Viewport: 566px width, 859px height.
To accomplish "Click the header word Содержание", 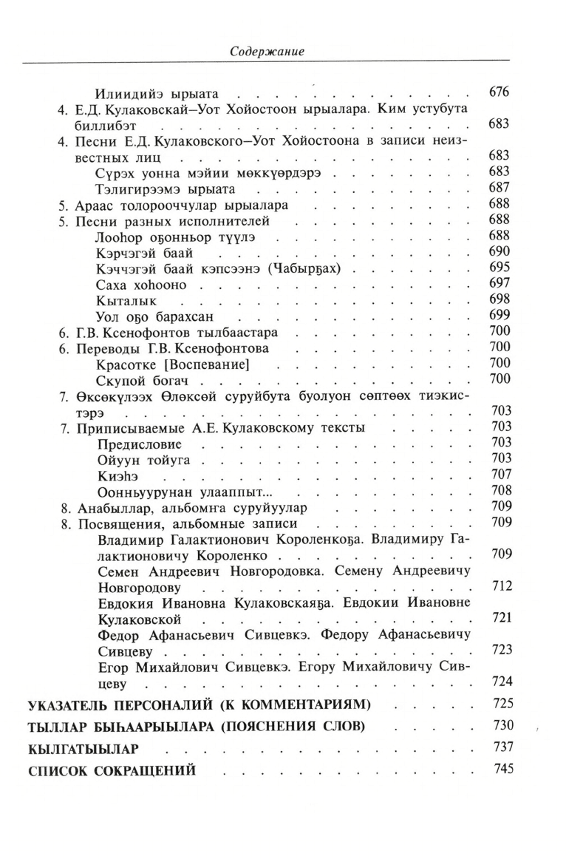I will pyautogui.click(x=267, y=52).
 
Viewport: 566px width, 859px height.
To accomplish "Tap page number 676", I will pyautogui.click(x=499, y=92).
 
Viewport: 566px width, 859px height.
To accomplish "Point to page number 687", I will pyautogui.click(x=499, y=187).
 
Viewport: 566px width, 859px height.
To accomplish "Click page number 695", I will pyautogui.click(x=499, y=267).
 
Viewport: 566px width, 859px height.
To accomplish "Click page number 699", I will pyautogui.click(x=499, y=315).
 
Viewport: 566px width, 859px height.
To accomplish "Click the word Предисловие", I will pyautogui.click(x=139, y=444).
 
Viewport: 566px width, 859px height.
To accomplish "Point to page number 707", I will pyautogui.click(x=499, y=475).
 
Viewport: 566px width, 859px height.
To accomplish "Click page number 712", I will pyautogui.click(x=499, y=586).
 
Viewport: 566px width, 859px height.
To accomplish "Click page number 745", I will pyautogui.click(x=499, y=769).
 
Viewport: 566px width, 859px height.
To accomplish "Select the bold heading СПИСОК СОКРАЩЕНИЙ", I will pyautogui.click(x=111, y=770).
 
